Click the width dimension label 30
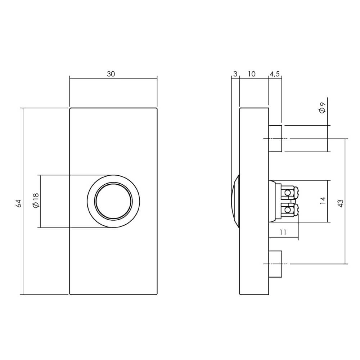coord(111,74)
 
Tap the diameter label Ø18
coord(35,201)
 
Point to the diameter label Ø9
coord(322,108)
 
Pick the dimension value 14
coord(323,201)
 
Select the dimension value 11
coord(283,233)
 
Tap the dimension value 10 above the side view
coord(252,74)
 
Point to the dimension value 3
coord(235,74)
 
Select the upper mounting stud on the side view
coord(275,139)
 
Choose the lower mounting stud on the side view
coord(275,264)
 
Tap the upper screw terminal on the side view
coord(288,193)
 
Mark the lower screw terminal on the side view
coord(288,210)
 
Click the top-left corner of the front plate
coord(70,108)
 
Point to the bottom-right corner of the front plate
coord(157,294)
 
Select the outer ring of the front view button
coord(91,201)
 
